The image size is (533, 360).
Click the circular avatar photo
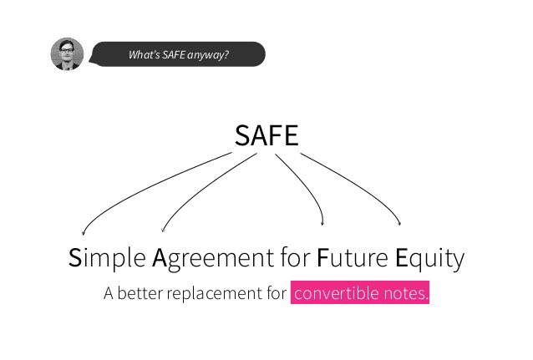(x=68, y=54)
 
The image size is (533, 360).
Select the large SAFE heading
(x=266, y=136)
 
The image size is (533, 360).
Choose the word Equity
(x=429, y=260)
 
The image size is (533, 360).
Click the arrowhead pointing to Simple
(x=83, y=233)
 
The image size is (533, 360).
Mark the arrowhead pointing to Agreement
(x=163, y=226)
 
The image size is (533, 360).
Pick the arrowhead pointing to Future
(x=323, y=221)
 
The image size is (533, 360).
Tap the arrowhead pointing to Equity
(x=399, y=222)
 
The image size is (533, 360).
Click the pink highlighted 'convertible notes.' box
(x=360, y=294)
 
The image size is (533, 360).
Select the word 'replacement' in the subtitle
(x=212, y=295)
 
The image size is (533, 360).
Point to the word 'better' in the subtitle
(x=140, y=294)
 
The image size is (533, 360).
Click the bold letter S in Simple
(x=76, y=259)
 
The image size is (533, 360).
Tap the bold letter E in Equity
(x=401, y=259)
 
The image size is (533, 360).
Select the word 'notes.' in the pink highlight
(x=406, y=294)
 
